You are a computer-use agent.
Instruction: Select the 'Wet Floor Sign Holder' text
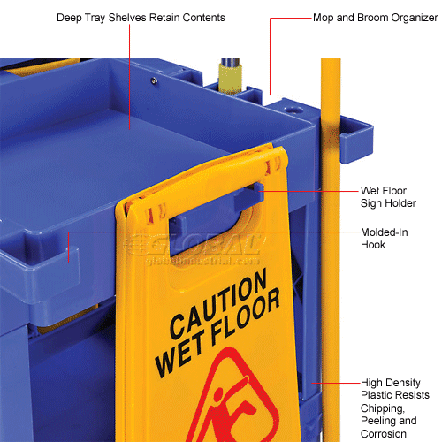point(386,196)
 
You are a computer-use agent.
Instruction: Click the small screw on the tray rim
point(153,81)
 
